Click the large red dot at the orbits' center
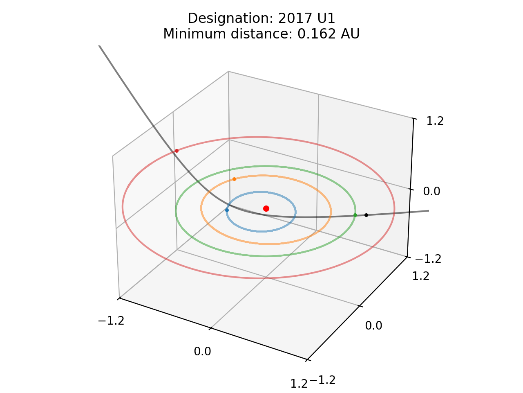(266, 208)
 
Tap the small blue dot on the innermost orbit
(227, 210)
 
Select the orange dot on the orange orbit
(234, 179)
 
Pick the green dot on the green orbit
(355, 215)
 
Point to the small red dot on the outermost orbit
(177, 151)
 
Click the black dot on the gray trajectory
(366, 215)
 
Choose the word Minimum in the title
(187, 34)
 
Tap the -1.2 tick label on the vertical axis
(428, 259)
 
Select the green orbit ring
(266, 256)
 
